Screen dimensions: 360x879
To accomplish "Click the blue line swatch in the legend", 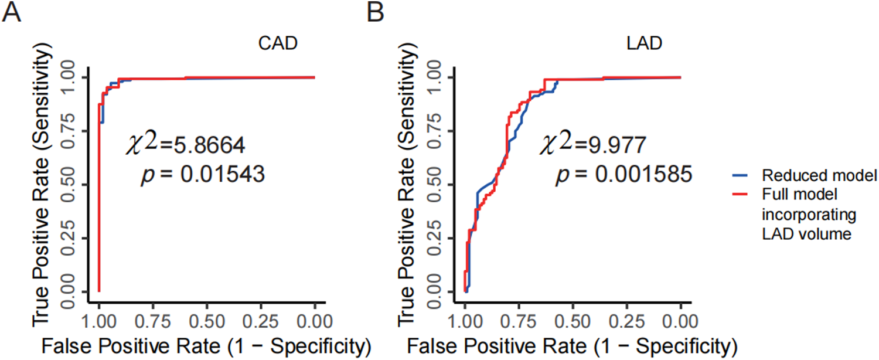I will point(741,175).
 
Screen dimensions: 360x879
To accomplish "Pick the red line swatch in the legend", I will point(741,193).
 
